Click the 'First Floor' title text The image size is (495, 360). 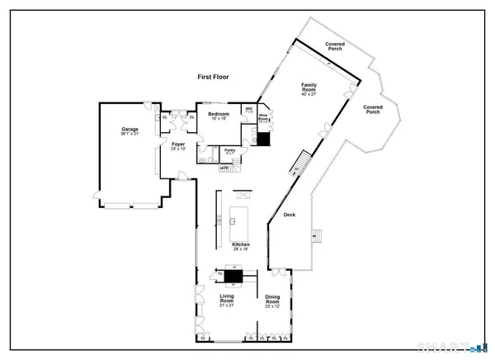(x=213, y=77)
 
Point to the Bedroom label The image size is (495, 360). (x=218, y=116)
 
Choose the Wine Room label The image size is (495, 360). (x=264, y=119)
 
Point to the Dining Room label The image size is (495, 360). (x=272, y=303)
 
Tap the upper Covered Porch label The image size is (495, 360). (x=335, y=45)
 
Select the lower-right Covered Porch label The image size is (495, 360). (x=373, y=109)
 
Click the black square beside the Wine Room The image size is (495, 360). (x=264, y=140)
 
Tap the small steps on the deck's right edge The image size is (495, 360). (x=315, y=236)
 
